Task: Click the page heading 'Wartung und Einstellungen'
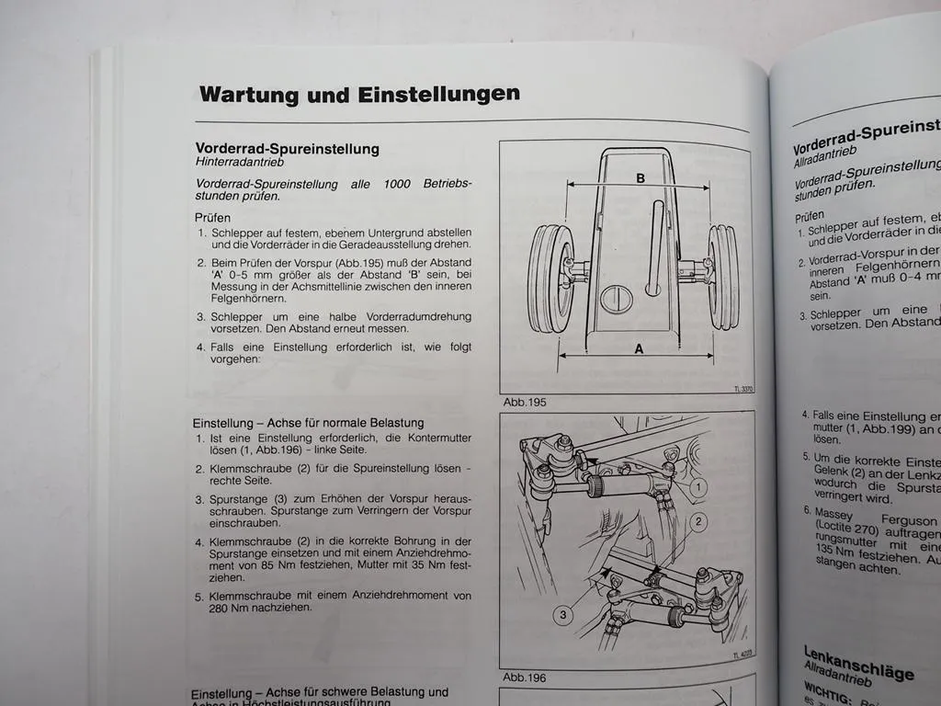click(359, 94)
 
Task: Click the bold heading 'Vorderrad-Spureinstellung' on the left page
click(287, 148)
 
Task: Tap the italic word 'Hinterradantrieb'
click(241, 162)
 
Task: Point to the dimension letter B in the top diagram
click(641, 178)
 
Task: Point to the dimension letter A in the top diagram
click(639, 348)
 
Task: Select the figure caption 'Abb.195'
click(525, 402)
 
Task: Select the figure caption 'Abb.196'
click(525, 678)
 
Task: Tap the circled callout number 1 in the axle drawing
click(699, 486)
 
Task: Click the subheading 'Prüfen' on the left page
click(212, 217)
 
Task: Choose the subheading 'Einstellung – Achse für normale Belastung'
click(308, 423)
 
